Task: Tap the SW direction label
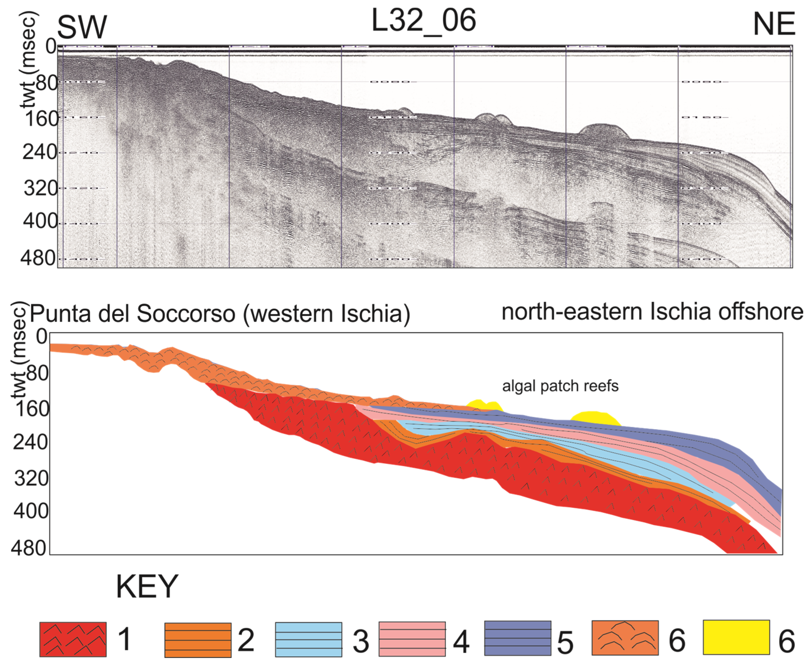82,27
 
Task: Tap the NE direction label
774,24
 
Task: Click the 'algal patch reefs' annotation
560,386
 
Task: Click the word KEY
147,586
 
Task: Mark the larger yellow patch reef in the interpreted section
595,418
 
